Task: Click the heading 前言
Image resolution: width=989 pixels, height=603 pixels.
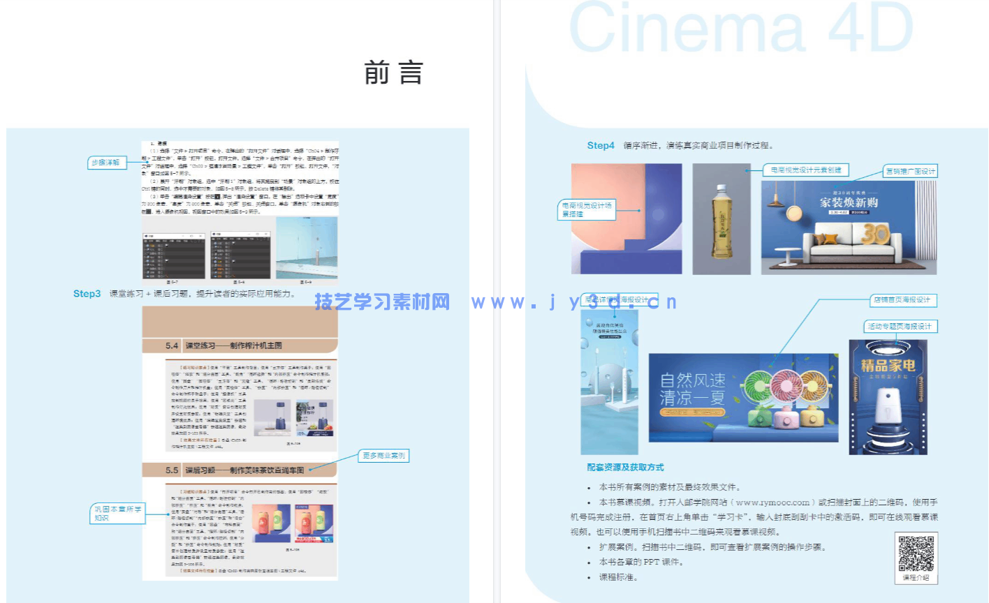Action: (394, 73)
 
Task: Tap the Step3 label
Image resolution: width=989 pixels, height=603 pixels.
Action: (87, 294)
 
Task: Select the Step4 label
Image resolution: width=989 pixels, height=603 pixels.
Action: (601, 146)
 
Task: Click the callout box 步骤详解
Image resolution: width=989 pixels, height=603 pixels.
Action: (106, 163)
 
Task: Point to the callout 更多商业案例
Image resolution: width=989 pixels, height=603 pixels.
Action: (383, 456)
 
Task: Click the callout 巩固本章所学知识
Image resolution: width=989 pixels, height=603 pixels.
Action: (117, 514)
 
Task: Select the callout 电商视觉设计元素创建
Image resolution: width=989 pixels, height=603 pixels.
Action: (806, 170)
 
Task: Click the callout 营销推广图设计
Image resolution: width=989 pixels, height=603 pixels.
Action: (910, 171)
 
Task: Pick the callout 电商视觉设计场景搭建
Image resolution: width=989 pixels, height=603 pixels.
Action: (587, 209)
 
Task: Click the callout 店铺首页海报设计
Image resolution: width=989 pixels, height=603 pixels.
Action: (902, 300)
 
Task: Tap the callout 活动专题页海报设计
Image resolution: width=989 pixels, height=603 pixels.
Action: (900, 326)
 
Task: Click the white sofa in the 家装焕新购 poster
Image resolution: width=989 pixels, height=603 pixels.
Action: (845, 241)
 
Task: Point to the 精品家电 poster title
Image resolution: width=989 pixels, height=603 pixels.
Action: (888, 365)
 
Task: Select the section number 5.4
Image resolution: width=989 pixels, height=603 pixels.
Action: (172, 345)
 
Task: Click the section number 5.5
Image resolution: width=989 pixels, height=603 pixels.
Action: (172, 470)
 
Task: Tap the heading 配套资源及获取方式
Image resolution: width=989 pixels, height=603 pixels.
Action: (625, 468)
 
